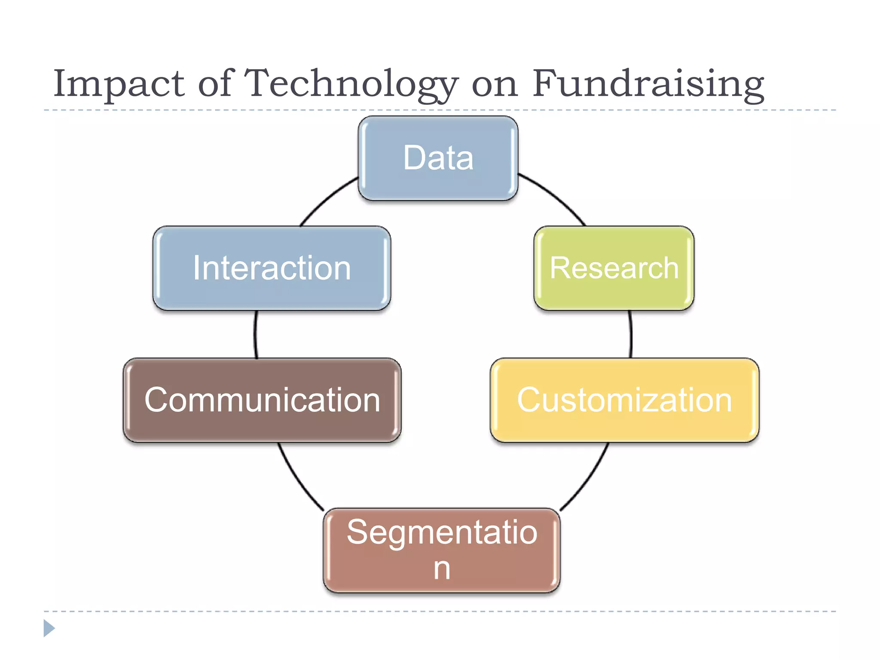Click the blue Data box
pyautogui.click(x=438, y=158)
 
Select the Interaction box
pyautogui.click(x=272, y=268)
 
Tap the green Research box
pyautogui.click(x=614, y=268)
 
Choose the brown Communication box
pyautogui.click(x=262, y=400)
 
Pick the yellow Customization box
pyautogui.click(x=624, y=400)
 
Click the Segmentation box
pyautogui.click(x=442, y=550)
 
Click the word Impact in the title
pyautogui.click(x=119, y=83)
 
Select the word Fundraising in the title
pyautogui.click(x=648, y=83)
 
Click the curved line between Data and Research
pyautogui.click(x=556, y=196)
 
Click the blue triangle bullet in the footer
pyautogui.click(x=49, y=628)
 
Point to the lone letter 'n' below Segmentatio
pyautogui.click(x=442, y=569)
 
